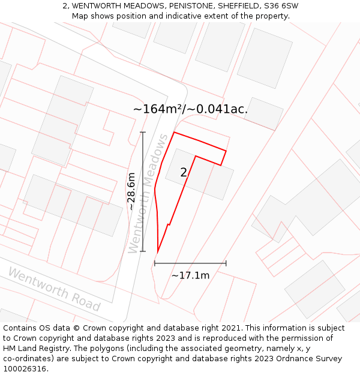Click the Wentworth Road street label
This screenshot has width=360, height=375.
tap(53, 289)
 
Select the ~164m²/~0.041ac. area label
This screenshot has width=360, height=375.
tap(190, 109)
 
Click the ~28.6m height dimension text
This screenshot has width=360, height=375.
tap(131, 191)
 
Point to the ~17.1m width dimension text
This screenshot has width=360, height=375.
tap(190, 275)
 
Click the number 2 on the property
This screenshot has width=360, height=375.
tap(184, 173)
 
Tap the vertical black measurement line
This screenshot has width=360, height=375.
tap(143, 191)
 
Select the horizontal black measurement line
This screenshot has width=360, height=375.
tap(190, 263)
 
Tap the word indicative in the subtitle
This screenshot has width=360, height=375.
tap(190, 16)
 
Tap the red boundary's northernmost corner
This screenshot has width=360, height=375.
tap(174, 132)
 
